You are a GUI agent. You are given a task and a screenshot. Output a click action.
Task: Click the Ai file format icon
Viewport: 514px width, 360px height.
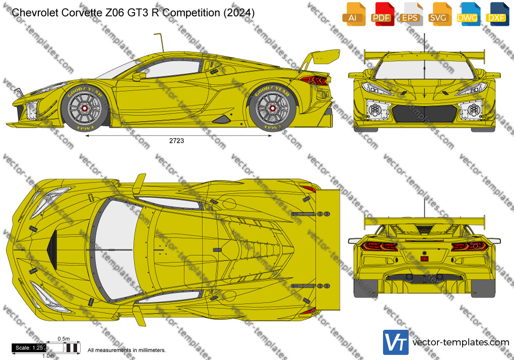[x=354, y=14]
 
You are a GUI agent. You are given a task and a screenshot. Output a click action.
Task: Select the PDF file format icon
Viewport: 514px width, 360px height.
[x=382, y=14]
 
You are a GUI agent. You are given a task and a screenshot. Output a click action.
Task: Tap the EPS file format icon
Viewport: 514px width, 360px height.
[x=410, y=14]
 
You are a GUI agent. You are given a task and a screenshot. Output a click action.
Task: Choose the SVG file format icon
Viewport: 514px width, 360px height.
[x=439, y=14]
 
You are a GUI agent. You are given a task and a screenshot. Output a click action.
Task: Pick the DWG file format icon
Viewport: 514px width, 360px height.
[x=468, y=14]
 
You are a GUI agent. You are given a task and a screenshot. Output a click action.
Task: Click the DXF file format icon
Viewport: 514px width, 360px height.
[x=497, y=14]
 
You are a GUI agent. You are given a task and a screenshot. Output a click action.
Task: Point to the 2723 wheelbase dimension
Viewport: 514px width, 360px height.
[x=176, y=141]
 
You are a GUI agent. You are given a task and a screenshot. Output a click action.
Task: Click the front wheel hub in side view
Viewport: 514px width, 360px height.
[x=84, y=108]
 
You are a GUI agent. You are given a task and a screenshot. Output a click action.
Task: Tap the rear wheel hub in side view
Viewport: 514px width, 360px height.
[x=272, y=108]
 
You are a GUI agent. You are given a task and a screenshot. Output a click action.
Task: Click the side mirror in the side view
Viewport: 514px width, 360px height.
[x=139, y=77]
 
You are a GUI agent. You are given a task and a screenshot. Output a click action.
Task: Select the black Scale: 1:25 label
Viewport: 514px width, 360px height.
[x=29, y=348]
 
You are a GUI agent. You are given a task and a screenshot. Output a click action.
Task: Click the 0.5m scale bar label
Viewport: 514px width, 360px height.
[x=63, y=339]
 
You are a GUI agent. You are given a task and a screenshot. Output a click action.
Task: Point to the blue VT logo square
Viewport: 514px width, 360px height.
[x=396, y=342]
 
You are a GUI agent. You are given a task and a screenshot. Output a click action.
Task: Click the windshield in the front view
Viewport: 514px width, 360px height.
[x=424, y=70]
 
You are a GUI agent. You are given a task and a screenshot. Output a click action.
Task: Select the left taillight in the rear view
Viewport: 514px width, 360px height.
[x=379, y=246]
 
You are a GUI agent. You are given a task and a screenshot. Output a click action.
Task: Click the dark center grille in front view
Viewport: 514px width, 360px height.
[x=424, y=114]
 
